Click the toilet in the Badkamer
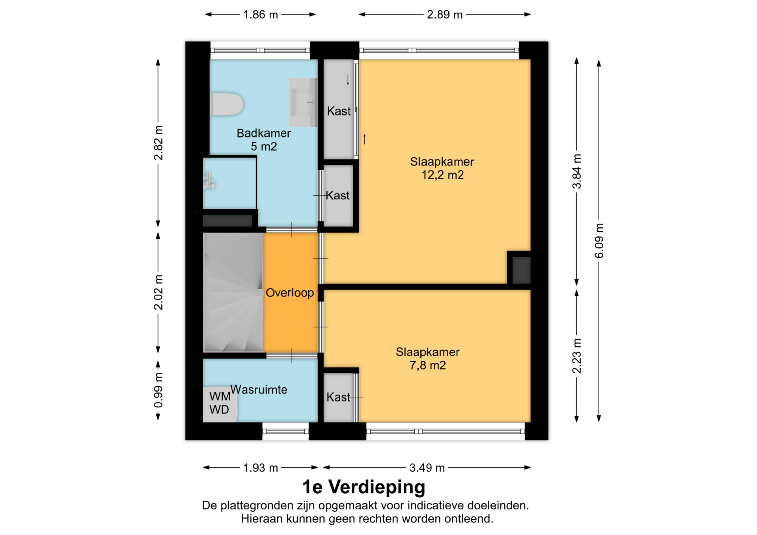pyautogui.click(x=226, y=104)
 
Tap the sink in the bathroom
pyautogui.click(x=303, y=102)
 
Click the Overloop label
pyautogui.click(x=290, y=293)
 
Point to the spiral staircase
pyautogui.click(x=233, y=292)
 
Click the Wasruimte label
pyautogui.click(x=259, y=390)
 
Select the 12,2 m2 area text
pyautogui.click(x=442, y=175)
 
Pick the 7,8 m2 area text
pyautogui.click(x=427, y=366)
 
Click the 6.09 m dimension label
pyautogui.click(x=599, y=241)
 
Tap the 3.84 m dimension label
pyautogui.click(x=577, y=171)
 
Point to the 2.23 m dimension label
pyautogui.click(x=577, y=356)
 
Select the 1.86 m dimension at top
pyautogui.click(x=261, y=15)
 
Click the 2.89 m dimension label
pyautogui.click(x=445, y=15)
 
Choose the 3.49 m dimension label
pyautogui.click(x=427, y=468)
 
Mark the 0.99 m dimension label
pyautogui.click(x=158, y=391)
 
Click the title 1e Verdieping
pyautogui.click(x=364, y=487)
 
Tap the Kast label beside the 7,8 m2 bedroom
pyautogui.click(x=338, y=397)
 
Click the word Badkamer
pyautogui.click(x=264, y=133)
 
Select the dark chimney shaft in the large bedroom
pyautogui.click(x=521, y=270)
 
